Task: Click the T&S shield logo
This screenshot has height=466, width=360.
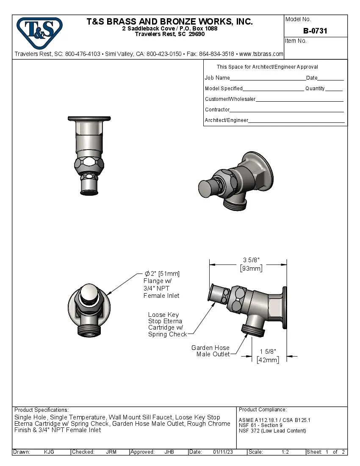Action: click(39, 31)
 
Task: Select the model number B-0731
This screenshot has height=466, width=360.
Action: click(315, 31)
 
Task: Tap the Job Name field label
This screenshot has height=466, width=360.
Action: click(217, 78)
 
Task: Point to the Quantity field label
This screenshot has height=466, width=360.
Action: click(315, 89)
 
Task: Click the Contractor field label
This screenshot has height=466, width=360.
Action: click(217, 110)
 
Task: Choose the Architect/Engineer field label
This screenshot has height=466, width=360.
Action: click(226, 120)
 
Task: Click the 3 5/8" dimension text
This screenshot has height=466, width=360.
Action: click(251, 260)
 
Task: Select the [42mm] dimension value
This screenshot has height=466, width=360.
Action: click(268, 360)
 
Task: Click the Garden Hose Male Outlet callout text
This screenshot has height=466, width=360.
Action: click(210, 351)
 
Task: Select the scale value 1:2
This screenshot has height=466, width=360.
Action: click(285, 452)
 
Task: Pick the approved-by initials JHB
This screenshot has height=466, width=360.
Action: click(169, 452)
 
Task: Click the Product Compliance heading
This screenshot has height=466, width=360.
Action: click(263, 410)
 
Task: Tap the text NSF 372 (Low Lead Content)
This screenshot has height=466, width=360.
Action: click(272, 431)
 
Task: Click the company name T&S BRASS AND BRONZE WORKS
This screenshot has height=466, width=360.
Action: click(169, 22)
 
